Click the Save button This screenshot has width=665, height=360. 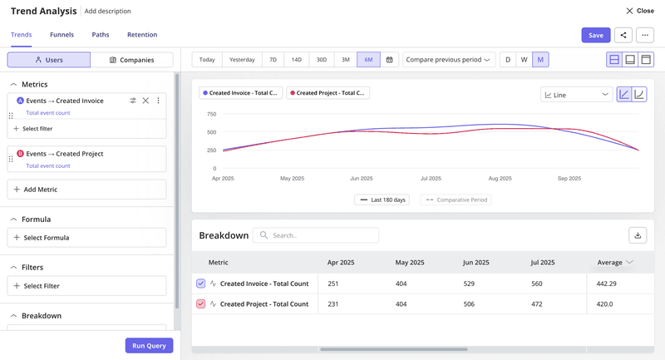595,35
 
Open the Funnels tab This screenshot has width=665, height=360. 62,35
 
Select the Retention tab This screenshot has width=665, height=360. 142,35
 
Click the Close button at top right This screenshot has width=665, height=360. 640,11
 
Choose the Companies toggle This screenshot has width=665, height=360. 132,60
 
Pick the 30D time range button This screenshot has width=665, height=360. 321,60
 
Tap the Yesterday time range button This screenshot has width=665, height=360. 242,60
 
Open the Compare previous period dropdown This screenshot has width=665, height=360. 449,60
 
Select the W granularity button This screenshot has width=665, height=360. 524,60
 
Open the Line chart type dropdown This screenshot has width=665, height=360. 577,95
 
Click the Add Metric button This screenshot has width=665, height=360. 86,190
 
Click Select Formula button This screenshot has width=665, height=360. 86,238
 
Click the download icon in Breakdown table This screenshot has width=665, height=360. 638,235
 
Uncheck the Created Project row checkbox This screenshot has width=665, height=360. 200,304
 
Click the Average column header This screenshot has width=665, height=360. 614,263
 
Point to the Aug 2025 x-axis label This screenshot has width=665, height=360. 500,178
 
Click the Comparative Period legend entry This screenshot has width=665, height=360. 456,200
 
